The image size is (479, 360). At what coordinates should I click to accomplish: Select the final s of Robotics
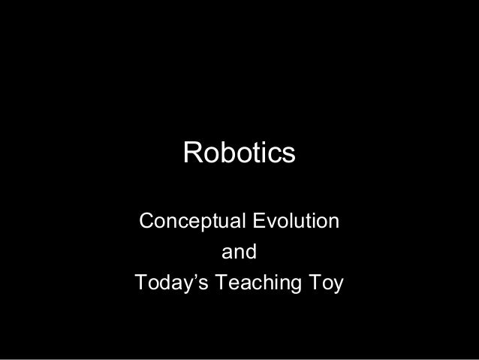coord(289,154)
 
